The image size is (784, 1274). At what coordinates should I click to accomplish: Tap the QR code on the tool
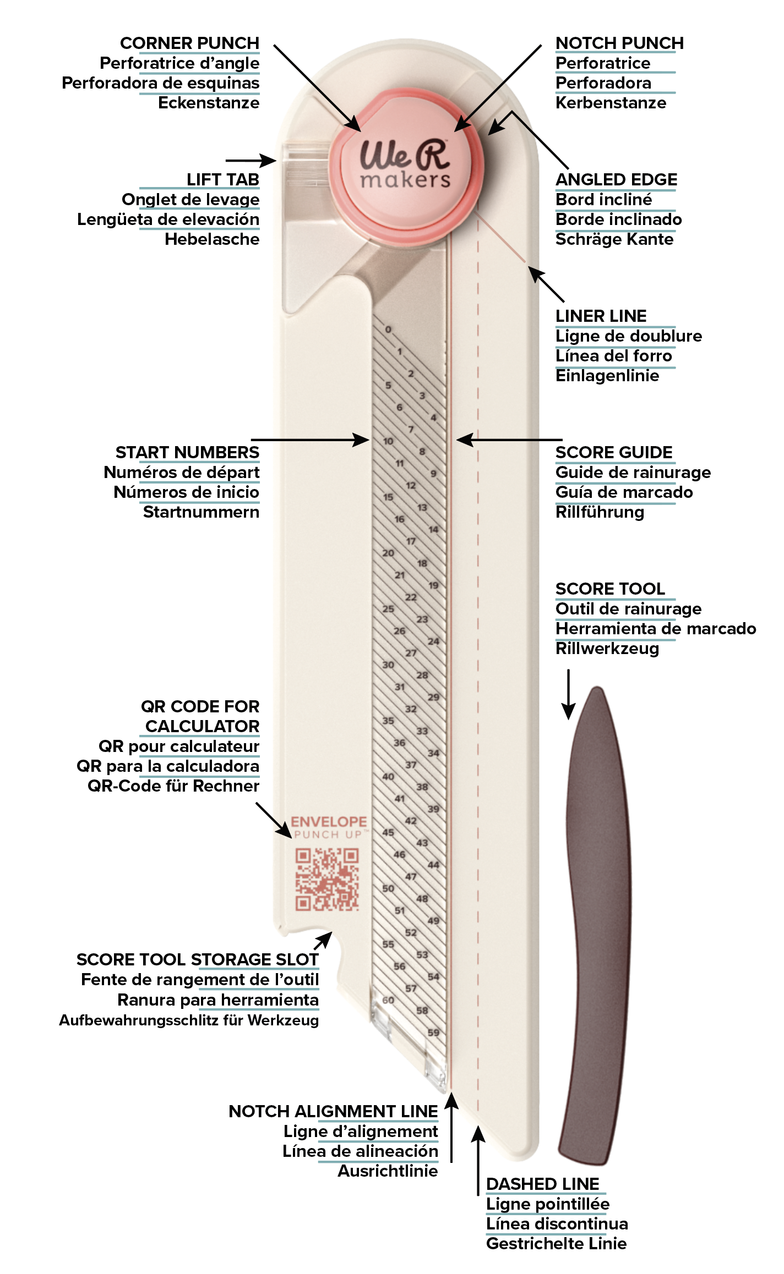click(327, 879)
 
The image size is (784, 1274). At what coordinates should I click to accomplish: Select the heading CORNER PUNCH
click(189, 43)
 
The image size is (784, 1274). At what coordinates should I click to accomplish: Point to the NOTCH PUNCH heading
click(619, 43)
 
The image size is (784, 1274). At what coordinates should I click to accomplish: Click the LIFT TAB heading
click(222, 179)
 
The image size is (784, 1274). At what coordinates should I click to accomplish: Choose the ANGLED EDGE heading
click(616, 179)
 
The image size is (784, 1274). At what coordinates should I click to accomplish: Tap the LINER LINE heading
click(601, 316)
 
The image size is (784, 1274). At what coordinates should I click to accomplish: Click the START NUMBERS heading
click(187, 452)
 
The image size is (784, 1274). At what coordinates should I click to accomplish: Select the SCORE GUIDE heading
click(614, 452)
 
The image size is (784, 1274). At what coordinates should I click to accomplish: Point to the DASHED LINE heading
click(542, 1184)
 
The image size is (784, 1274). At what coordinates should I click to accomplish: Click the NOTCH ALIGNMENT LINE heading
click(333, 1111)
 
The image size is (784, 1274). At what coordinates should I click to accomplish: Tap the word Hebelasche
click(212, 239)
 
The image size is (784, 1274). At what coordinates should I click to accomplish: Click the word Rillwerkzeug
click(607, 649)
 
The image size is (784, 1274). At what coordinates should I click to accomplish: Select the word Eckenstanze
click(209, 103)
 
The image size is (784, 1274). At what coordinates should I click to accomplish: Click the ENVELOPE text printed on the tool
click(329, 822)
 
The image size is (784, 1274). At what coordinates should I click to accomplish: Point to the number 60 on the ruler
click(388, 1000)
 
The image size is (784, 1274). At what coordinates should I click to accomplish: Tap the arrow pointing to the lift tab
click(251, 160)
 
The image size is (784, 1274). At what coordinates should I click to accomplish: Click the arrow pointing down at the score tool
click(568, 694)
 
